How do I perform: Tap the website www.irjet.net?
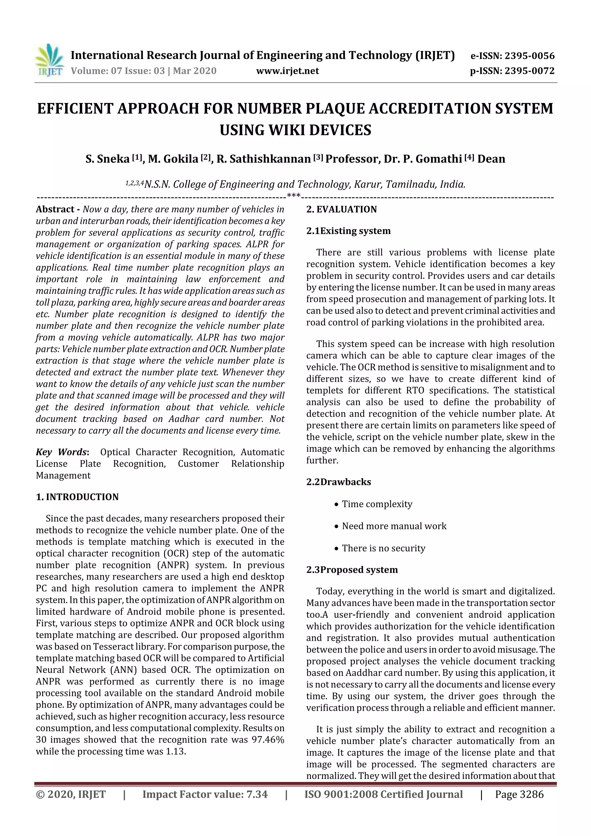point(287,71)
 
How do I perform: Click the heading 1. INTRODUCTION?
point(77,497)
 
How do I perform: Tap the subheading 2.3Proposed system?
point(352,569)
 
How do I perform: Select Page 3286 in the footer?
point(519,794)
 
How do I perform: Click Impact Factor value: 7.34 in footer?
point(205,794)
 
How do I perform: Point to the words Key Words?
point(61,452)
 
